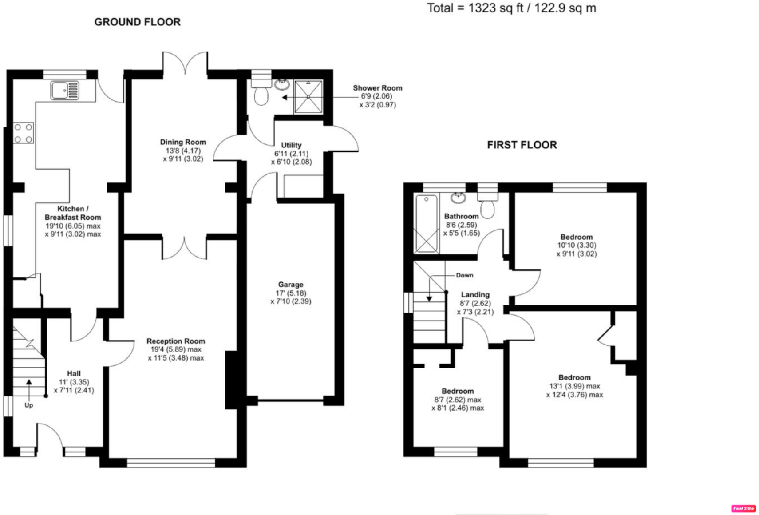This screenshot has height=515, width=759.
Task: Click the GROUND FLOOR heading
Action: point(137,22)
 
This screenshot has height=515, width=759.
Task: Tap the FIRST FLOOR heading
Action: point(522,145)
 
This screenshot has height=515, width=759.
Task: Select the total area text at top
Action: point(511,8)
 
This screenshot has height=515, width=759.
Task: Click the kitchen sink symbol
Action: point(65,91)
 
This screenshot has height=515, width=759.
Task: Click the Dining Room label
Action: point(183,142)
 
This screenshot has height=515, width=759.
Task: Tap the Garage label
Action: point(291,285)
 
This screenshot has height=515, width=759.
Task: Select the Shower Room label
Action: point(377,88)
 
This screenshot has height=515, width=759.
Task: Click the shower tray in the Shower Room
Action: point(308,96)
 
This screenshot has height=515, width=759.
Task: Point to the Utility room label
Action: point(291,145)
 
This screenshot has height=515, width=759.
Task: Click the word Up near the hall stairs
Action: point(28,405)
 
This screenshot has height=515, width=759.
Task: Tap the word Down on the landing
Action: point(464,275)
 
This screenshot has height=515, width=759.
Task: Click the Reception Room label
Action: point(176,341)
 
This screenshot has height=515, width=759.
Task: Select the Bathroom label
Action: point(461,216)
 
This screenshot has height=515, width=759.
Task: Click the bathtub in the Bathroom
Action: point(426,223)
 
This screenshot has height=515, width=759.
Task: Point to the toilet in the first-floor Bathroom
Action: point(487,208)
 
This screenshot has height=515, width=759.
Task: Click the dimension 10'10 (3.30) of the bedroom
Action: point(577,246)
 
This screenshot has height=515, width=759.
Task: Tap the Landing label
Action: point(475,295)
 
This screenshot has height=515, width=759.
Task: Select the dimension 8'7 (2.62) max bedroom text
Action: point(458,400)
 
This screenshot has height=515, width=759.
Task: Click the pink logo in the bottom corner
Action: point(743,508)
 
